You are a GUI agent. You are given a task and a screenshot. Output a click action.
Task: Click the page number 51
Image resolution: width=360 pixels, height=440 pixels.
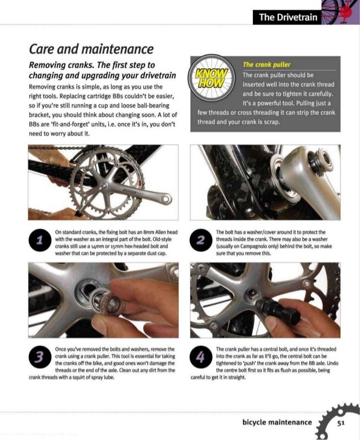click(341, 422)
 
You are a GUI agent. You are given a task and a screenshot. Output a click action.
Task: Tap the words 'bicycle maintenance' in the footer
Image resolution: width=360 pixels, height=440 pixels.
click(276, 422)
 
